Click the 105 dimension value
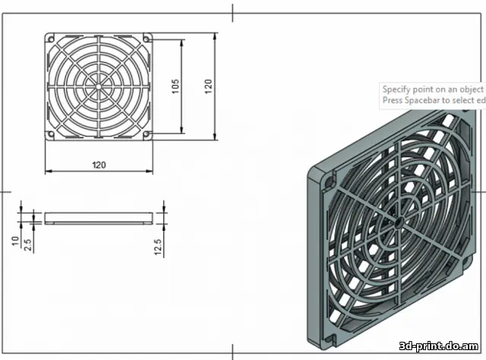[x=175, y=86]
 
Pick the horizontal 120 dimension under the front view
[x=99, y=165]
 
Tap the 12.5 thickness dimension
[x=157, y=246]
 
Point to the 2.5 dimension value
[x=27, y=243]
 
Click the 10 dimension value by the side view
[x=15, y=242]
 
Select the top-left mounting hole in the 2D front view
[x=52, y=38]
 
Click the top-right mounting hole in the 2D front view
[x=147, y=38]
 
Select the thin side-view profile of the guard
[x=99, y=219]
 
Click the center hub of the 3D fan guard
[x=397, y=220]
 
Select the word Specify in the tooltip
[x=397, y=90]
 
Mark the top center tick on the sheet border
[x=233, y=11]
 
